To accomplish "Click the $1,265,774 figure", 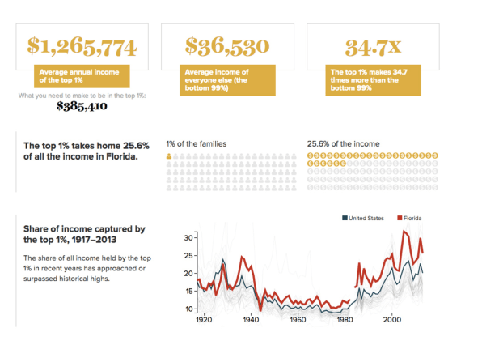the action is pos(82,47).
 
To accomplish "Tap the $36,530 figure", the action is pos(227,47).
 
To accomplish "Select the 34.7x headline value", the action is pos(373,48).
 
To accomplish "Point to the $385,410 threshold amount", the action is pos(82,106).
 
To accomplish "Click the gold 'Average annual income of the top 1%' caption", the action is pos(82,76).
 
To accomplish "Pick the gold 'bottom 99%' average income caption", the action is pos(227,80).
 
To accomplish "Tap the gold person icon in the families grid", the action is pos(169,156).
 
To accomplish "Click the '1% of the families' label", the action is pos(197,144).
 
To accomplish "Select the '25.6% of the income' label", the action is pos(343,144).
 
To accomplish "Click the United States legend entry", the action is pos(363,218).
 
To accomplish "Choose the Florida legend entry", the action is pos(409,218).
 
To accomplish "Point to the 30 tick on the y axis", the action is pos(188,237).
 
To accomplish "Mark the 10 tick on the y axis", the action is pos(188,309).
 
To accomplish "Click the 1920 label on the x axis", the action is pos(204,320).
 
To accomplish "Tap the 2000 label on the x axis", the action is pos(392,320).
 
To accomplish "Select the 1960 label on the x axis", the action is pos(298,320).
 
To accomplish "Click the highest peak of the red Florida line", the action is pos(404,231).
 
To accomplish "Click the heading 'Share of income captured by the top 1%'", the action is pos(84,234).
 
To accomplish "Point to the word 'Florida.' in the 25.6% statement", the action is pos(122,156).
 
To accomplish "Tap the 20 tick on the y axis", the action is pos(188,274).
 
